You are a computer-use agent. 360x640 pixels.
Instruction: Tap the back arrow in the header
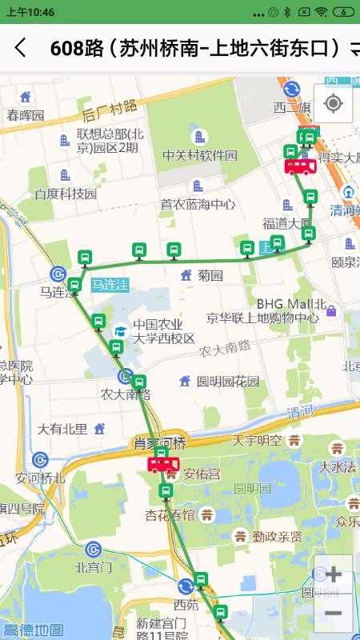21,48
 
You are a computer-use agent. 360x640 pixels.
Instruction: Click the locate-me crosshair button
333,103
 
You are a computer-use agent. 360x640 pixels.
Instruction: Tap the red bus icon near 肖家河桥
163,464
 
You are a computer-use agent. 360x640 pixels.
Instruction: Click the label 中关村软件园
200,155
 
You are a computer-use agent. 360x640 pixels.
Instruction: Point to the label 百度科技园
65,194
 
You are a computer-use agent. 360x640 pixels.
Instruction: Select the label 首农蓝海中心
198,204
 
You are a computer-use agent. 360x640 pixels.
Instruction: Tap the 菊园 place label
210,275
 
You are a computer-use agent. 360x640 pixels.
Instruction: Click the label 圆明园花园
228,381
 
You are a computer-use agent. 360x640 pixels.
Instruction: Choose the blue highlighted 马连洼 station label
110,284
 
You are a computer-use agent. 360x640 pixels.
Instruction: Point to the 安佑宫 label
202,474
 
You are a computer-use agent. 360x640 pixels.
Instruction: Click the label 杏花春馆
169,515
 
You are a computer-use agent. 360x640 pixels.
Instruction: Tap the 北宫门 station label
93,568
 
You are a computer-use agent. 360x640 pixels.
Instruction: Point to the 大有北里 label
62,429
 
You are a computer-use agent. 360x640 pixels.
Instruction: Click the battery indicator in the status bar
342,12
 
